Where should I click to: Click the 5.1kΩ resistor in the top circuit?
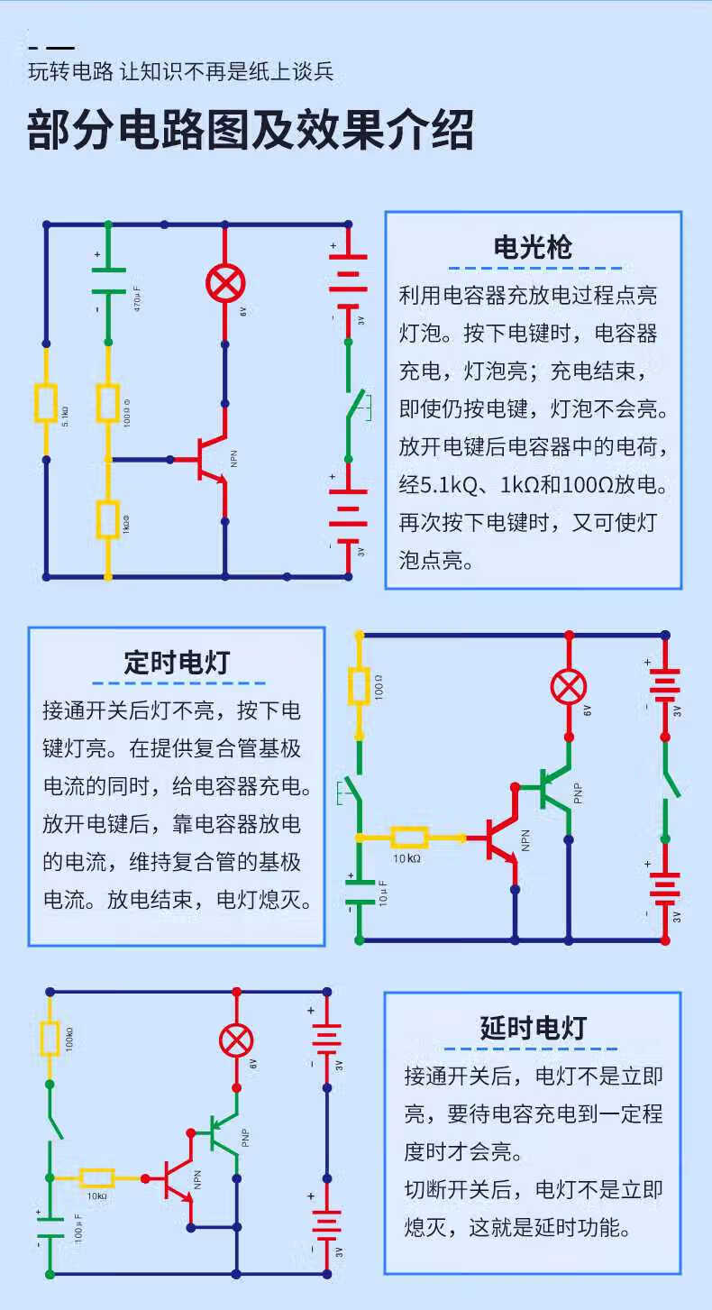point(46,403)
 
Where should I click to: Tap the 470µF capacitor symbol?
point(108,279)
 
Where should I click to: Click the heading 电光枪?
point(533,246)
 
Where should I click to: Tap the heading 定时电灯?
point(177,663)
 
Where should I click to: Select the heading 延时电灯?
point(533,1028)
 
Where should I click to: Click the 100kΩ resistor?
point(50,1039)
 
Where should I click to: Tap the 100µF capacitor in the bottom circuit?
point(50,1227)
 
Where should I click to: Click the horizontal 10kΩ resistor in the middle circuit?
point(410,838)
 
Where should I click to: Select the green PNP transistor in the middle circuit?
point(552,786)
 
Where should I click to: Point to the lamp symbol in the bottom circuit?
point(236,1040)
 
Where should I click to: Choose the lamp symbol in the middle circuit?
point(568,688)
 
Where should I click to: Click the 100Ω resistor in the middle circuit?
point(359,688)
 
